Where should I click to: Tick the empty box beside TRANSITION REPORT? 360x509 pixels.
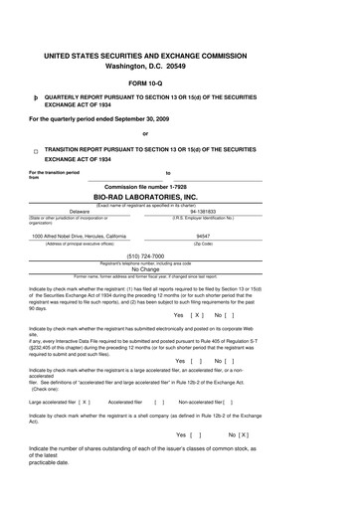(x=35, y=152)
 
